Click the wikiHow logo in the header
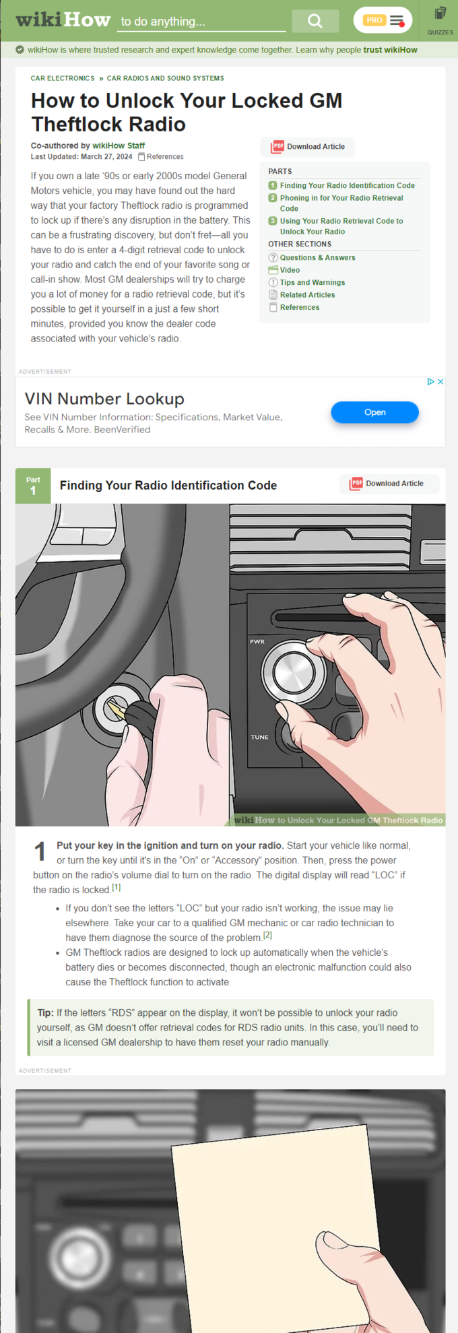(x=63, y=20)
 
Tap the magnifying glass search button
(x=315, y=21)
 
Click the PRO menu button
(x=383, y=20)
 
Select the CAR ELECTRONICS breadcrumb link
(x=63, y=78)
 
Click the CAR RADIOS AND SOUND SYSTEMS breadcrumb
(x=165, y=78)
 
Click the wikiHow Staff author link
(x=119, y=145)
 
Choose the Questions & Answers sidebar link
(x=317, y=257)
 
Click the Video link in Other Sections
(x=290, y=270)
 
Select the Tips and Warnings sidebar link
(x=313, y=282)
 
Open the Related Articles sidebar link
(x=307, y=295)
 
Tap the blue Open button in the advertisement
(x=374, y=412)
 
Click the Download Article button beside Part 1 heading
(x=388, y=484)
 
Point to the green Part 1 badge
(x=33, y=486)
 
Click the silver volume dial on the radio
(x=293, y=672)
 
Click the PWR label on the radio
(x=257, y=642)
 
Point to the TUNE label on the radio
(x=259, y=738)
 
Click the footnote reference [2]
(x=267, y=935)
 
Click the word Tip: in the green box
(x=45, y=1013)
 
